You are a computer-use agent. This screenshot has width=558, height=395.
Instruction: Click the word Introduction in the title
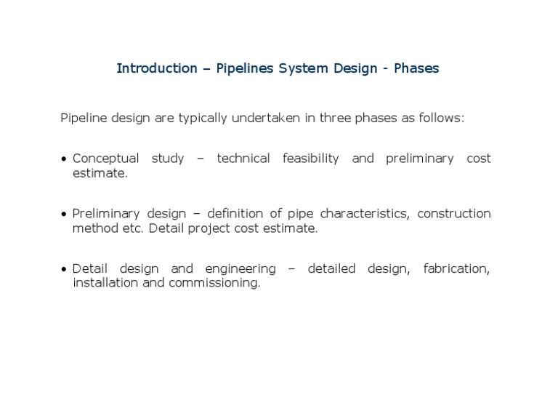coord(157,68)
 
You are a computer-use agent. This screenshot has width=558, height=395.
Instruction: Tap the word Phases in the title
coord(416,68)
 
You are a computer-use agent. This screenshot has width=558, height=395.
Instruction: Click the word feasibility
coord(310,159)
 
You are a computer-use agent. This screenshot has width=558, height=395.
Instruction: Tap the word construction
coord(454,214)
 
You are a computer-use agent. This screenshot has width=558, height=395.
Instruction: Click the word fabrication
coord(456,269)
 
